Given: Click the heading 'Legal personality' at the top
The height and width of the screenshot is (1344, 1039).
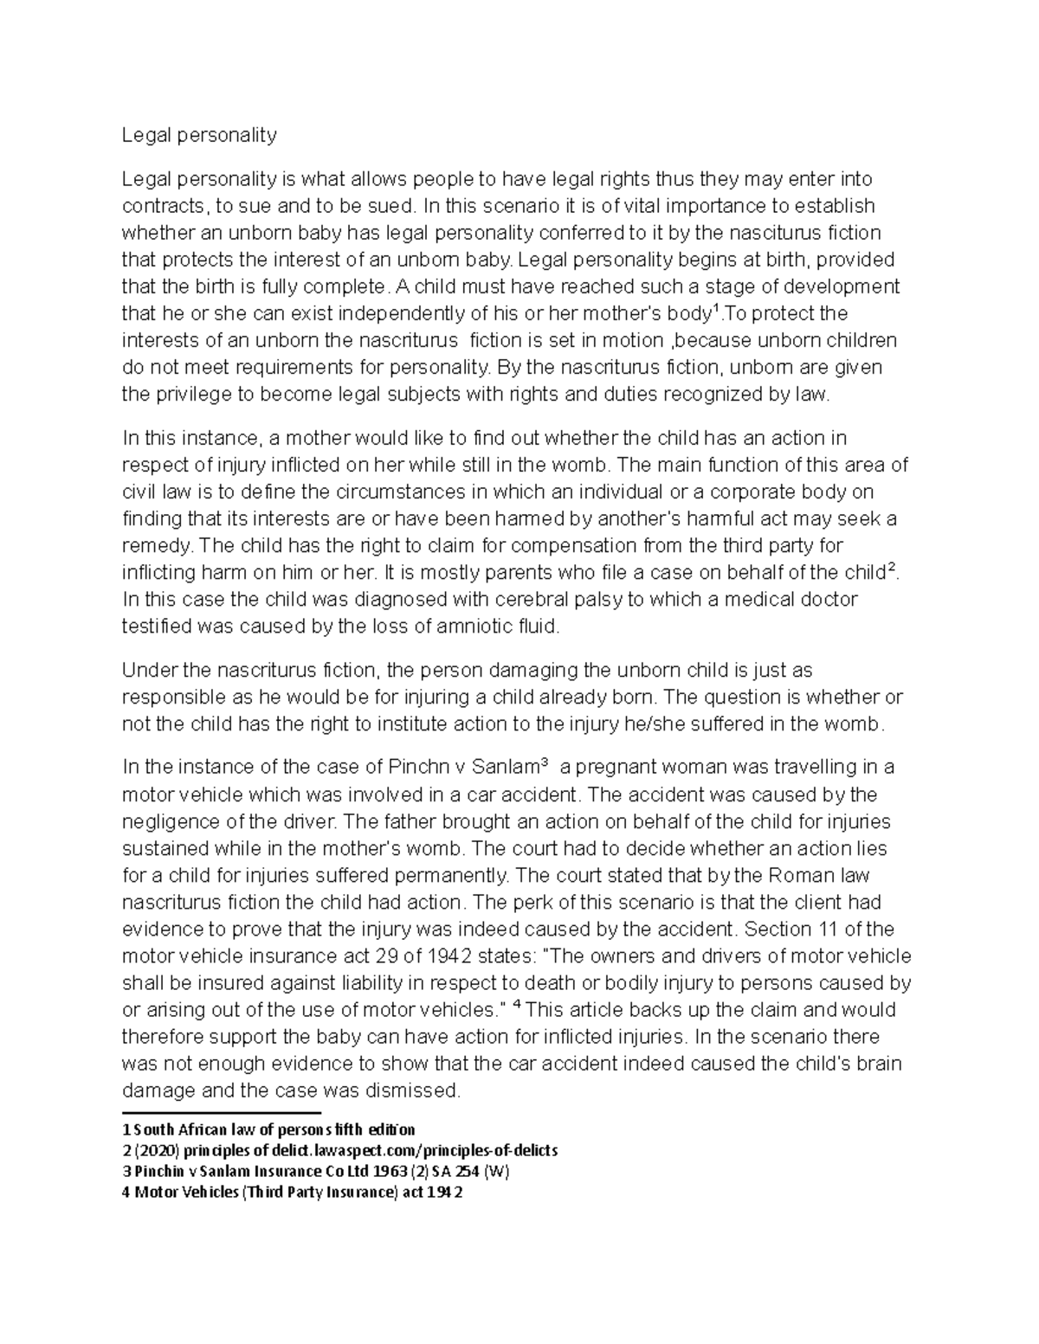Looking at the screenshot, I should pyautogui.click(x=199, y=135).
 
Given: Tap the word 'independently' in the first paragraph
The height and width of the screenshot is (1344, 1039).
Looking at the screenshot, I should pyautogui.click(x=404, y=313).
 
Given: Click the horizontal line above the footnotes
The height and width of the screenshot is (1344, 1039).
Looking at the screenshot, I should pyautogui.click(x=222, y=1113).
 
